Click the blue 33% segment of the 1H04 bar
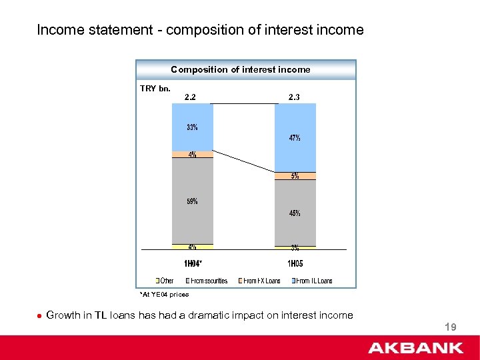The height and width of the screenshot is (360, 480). (x=192, y=127)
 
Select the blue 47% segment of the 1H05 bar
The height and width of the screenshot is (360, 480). (x=294, y=138)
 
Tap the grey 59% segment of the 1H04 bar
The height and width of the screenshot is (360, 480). (x=192, y=201)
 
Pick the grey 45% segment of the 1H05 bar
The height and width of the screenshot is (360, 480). (x=294, y=213)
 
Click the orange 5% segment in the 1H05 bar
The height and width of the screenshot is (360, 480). (x=294, y=176)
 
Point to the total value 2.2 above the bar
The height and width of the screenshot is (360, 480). (x=190, y=97)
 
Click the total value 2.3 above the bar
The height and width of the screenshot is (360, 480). (x=294, y=97)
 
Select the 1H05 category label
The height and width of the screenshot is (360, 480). (x=295, y=263)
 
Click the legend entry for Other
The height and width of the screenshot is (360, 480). (x=165, y=281)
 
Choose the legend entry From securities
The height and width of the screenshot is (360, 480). (x=207, y=281)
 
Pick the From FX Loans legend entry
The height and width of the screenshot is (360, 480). (x=261, y=281)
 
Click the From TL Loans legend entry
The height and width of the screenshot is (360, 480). (x=311, y=281)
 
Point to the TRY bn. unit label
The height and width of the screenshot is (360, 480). (x=155, y=87)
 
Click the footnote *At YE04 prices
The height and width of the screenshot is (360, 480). (x=165, y=294)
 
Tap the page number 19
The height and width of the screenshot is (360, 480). (x=450, y=327)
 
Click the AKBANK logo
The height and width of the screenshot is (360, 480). (x=416, y=347)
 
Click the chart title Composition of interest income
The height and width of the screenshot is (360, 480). (x=241, y=69)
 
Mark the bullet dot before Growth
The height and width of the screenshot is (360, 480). (x=40, y=316)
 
